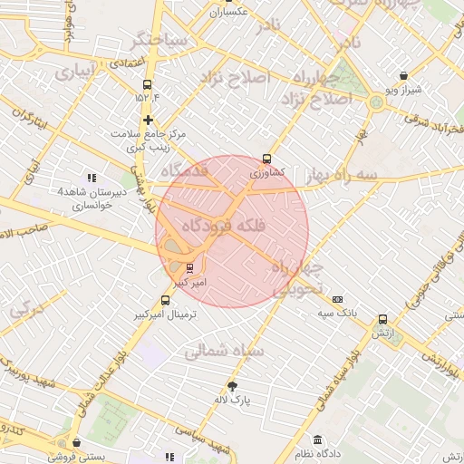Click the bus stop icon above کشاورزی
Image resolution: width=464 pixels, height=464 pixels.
coord(266,157)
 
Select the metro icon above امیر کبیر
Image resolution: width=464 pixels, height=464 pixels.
coord(189,267)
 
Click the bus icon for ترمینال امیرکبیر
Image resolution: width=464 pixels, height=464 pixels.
coord(164,300)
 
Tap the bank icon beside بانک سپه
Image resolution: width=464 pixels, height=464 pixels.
coord(338,299)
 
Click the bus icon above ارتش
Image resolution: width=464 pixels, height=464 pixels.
coord(383,320)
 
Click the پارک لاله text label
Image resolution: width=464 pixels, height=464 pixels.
coord(233,398)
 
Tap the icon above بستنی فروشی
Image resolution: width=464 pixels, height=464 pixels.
coord(76,443)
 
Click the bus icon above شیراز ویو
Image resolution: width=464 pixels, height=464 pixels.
coord(403,76)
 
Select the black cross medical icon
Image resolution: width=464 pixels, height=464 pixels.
coord(148,120)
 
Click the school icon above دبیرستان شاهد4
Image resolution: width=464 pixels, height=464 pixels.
coord(91,178)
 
